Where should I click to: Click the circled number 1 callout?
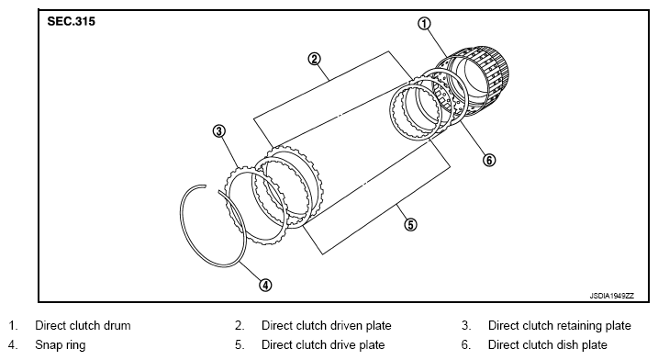424,24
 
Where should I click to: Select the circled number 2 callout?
314,59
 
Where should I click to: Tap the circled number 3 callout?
218,131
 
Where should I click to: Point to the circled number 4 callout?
265,286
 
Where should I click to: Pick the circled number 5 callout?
410,225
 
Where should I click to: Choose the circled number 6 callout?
489,160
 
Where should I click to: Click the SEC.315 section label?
72,21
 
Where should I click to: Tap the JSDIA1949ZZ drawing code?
612,296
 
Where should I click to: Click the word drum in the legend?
117,325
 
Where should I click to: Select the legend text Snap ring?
60,345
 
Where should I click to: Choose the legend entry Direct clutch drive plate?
323,345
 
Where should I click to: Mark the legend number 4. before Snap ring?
13,345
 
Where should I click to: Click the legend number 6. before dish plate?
466,345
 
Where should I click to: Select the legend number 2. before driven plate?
240,325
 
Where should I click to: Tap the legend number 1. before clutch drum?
14,325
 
